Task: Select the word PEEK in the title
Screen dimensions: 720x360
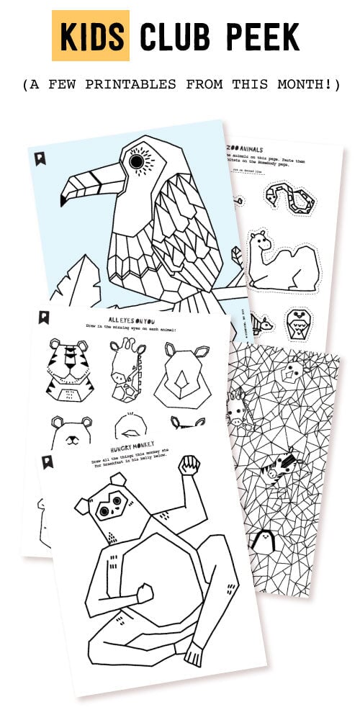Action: (x=267, y=37)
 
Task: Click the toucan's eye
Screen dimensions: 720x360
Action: (x=136, y=163)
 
